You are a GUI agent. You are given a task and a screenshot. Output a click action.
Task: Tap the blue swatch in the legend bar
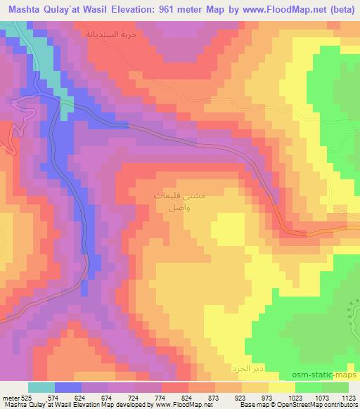pos(67,387)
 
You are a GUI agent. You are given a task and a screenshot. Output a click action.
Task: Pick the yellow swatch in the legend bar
pos(281,387)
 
